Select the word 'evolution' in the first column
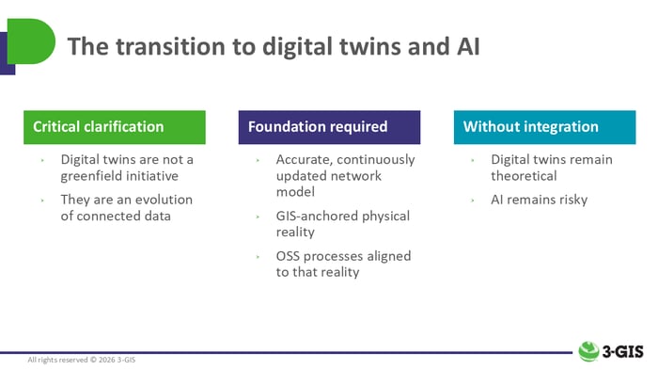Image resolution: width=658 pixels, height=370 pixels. click(x=161, y=200)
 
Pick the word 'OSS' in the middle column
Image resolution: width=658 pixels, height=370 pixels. click(x=291, y=256)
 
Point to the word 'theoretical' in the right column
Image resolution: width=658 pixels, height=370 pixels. click(x=524, y=175)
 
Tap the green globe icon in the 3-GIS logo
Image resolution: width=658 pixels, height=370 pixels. click(x=589, y=351)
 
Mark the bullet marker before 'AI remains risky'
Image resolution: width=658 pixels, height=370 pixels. click(x=473, y=201)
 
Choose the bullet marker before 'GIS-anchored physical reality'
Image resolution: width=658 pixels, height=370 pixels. click(x=258, y=217)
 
